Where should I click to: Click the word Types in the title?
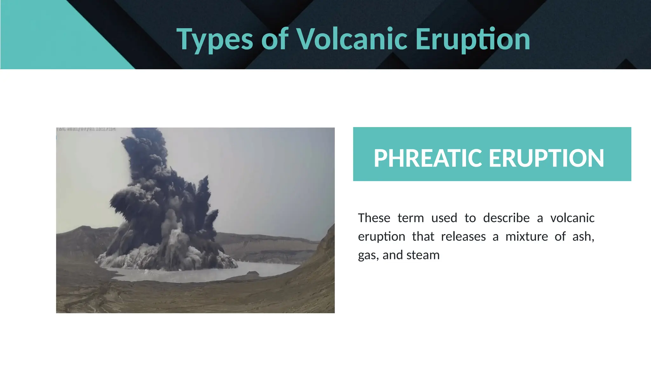click(x=215, y=39)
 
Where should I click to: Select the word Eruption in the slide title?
click(x=473, y=39)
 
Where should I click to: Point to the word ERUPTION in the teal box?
click(x=546, y=158)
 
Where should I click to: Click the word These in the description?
click(x=374, y=218)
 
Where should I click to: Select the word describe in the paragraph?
click(x=506, y=218)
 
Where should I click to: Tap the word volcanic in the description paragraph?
click(x=572, y=218)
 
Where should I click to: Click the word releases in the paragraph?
click(x=463, y=237)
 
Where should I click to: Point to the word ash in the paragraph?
click(x=583, y=237)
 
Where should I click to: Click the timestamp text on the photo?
click(x=86, y=129)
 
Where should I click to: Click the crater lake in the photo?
click(x=203, y=275)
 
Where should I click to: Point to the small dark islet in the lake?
click(x=253, y=273)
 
